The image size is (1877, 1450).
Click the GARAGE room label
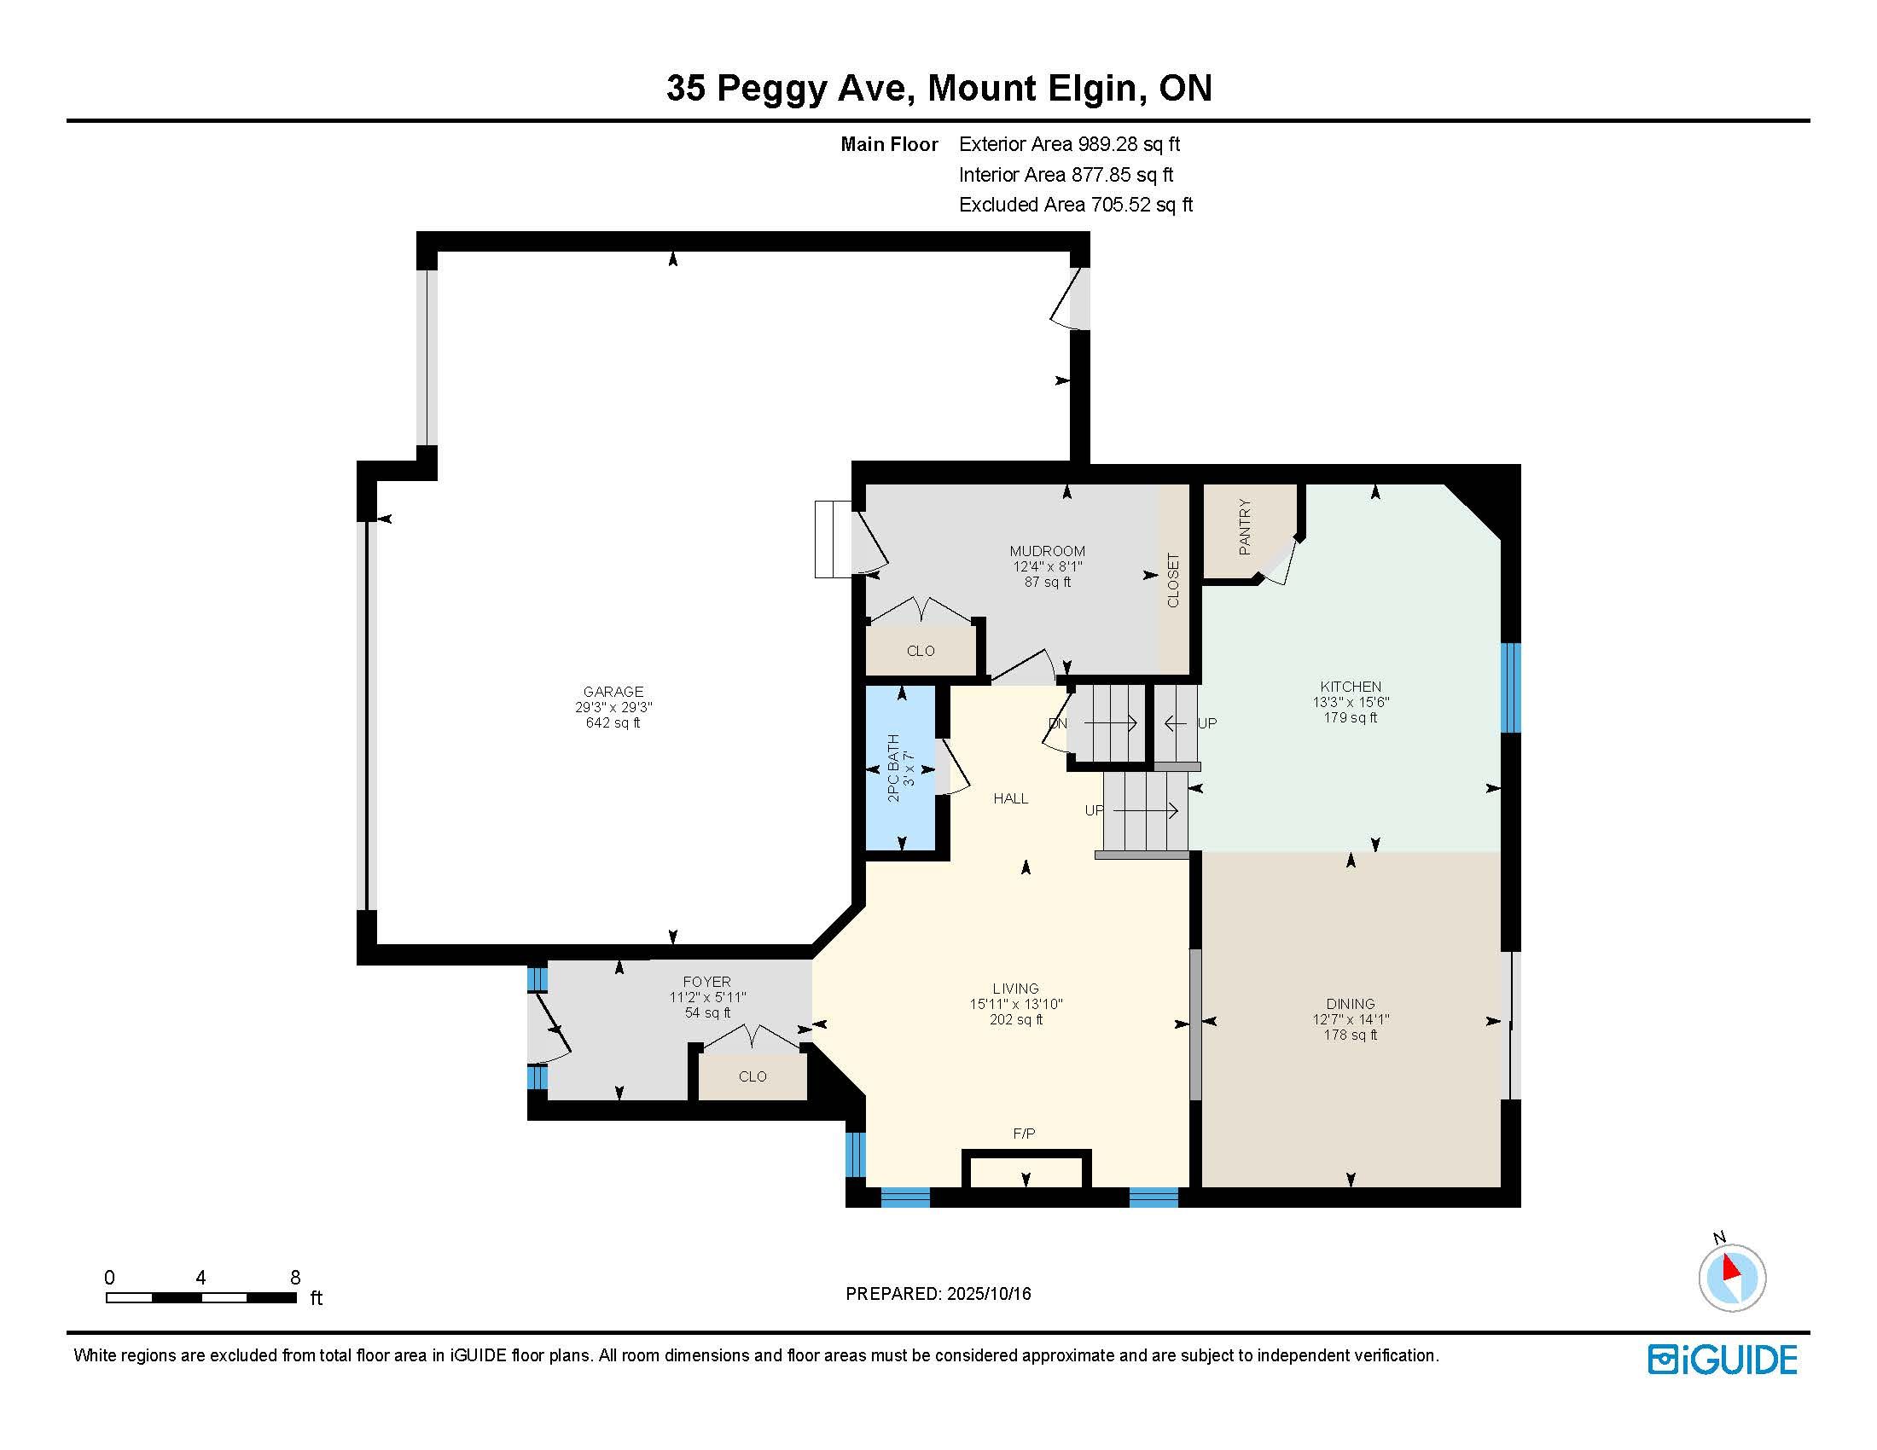pyautogui.click(x=613, y=692)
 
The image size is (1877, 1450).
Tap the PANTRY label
pyautogui.click(x=1245, y=527)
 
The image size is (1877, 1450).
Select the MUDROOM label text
pyautogui.click(x=1047, y=551)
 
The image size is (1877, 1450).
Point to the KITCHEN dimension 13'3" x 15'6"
pyautogui.click(x=1351, y=702)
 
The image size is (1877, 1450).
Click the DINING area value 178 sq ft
pyautogui.click(x=1351, y=1035)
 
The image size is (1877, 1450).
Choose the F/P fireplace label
pyautogui.click(x=1024, y=1134)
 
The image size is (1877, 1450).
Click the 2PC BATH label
pyautogui.click(x=893, y=768)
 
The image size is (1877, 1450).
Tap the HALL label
pyautogui.click(x=1011, y=798)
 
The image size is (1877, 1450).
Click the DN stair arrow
pyautogui.click(x=1109, y=723)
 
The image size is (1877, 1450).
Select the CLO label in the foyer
pyautogui.click(x=752, y=1076)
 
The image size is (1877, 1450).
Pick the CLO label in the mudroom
pyautogui.click(x=921, y=651)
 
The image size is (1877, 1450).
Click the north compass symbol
pyautogui.click(x=1732, y=1277)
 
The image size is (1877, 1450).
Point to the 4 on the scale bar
pyautogui.click(x=201, y=1278)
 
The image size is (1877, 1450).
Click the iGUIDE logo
pyautogui.click(x=1723, y=1359)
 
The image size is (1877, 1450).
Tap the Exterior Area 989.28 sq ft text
pyautogui.click(x=1069, y=144)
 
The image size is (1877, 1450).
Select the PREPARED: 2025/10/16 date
pyautogui.click(x=938, y=1294)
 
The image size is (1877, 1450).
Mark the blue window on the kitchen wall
pyautogui.click(x=1510, y=687)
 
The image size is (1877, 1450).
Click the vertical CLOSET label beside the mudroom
pyautogui.click(x=1173, y=580)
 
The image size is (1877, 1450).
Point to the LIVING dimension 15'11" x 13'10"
pyautogui.click(x=1016, y=1004)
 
